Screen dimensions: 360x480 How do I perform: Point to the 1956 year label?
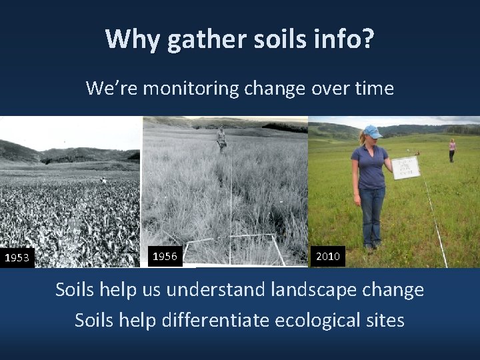point(165,256)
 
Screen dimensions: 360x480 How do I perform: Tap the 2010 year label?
point(328,256)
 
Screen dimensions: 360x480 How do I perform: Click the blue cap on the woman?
point(373,131)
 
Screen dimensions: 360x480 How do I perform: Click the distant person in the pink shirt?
point(453,149)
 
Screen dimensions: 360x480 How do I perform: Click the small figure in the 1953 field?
point(103,180)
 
